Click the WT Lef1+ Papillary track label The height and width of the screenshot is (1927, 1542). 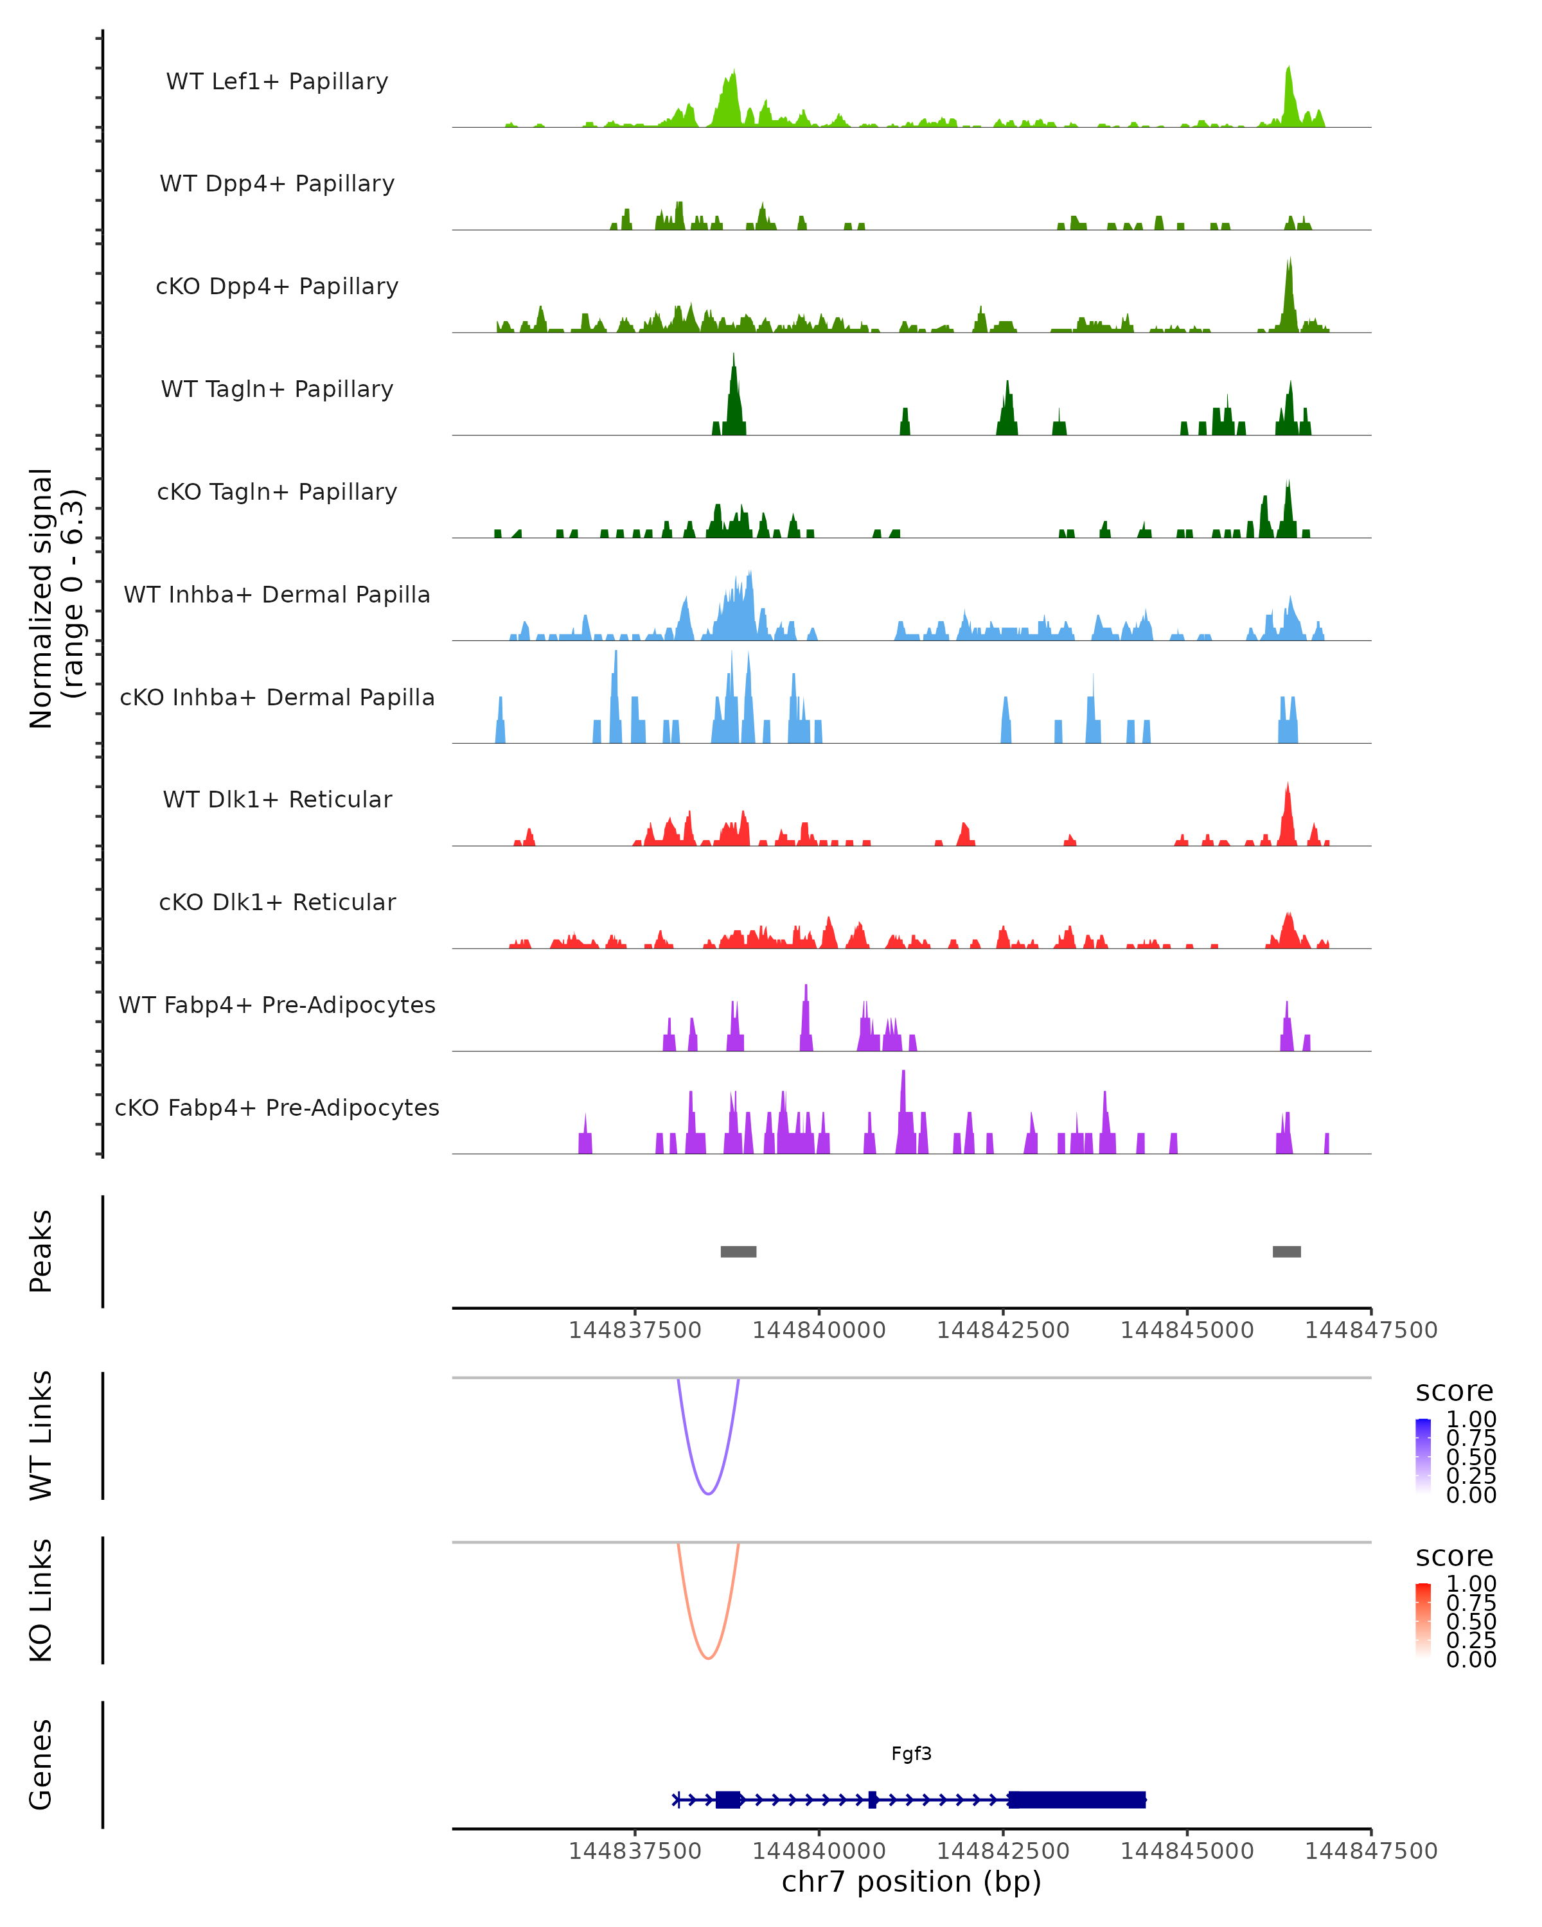pyautogui.click(x=277, y=82)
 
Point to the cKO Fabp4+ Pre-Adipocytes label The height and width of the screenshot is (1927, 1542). pyautogui.click(x=277, y=1107)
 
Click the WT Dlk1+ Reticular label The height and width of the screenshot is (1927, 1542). pyautogui.click(x=277, y=799)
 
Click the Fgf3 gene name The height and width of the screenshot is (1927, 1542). pyautogui.click(x=911, y=1754)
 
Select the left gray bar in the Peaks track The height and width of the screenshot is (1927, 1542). pyautogui.click(x=738, y=1251)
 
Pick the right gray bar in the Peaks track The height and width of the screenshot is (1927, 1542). pyautogui.click(x=1286, y=1251)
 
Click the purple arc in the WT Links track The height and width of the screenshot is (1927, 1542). pyautogui.click(x=708, y=1493)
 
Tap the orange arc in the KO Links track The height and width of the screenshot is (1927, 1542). pyautogui.click(x=708, y=1657)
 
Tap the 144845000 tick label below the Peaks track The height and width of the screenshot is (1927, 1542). pyautogui.click(x=1187, y=1330)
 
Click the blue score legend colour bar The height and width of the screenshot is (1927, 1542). pyautogui.click(x=1423, y=1455)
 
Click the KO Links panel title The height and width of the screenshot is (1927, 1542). pyautogui.click(x=41, y=1601)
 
